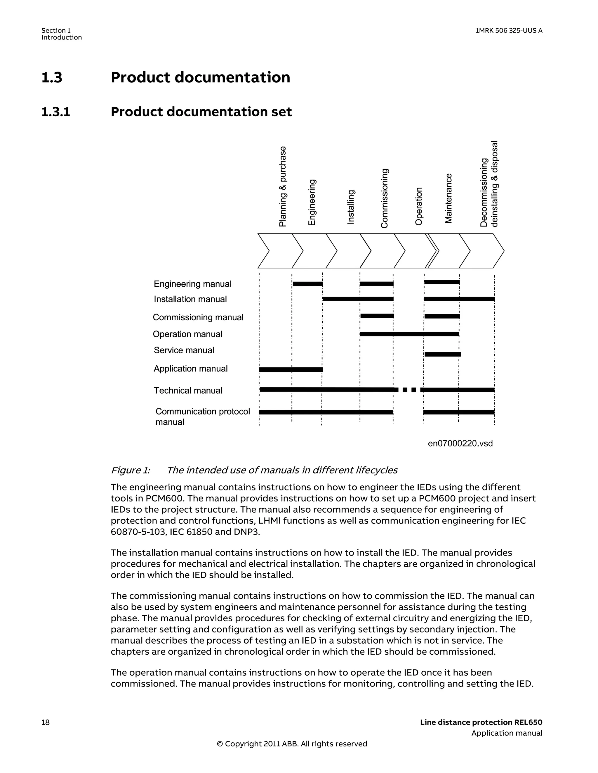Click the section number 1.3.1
[x=56, y=112]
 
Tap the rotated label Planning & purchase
[x=283, y=186]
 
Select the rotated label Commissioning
[x=384, y=198]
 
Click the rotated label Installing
[x=350, y=207]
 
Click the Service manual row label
[x=184, y=350]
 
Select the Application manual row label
[x=191, y=369]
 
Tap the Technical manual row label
[x=188, y=390]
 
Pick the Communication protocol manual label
[x=203, y=416]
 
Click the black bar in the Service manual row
[x=442, y=354]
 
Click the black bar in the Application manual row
[x=291, y=369]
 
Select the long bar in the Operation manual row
[x=409, y=334]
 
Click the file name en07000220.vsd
[x=460, y=443]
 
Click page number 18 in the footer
[x=46, y=722]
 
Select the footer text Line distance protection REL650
[x=481, y=722]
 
